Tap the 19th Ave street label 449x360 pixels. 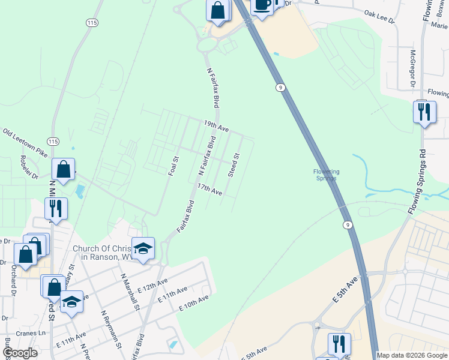[x=216, y=127]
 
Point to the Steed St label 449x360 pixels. [x=234, y=165]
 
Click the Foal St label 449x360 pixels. [x=173, y=166]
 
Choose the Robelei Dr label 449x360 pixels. [x=28, y=169]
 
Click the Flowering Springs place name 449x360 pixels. [x=327, y=175]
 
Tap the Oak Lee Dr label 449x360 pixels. [x=379, y=16]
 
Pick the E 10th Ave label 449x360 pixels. [x=193, y=302]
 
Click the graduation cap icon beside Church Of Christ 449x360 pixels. [x=143, y=248]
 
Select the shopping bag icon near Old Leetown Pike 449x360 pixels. [x=63, y=170]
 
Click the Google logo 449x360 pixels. [x=20, y=353]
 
